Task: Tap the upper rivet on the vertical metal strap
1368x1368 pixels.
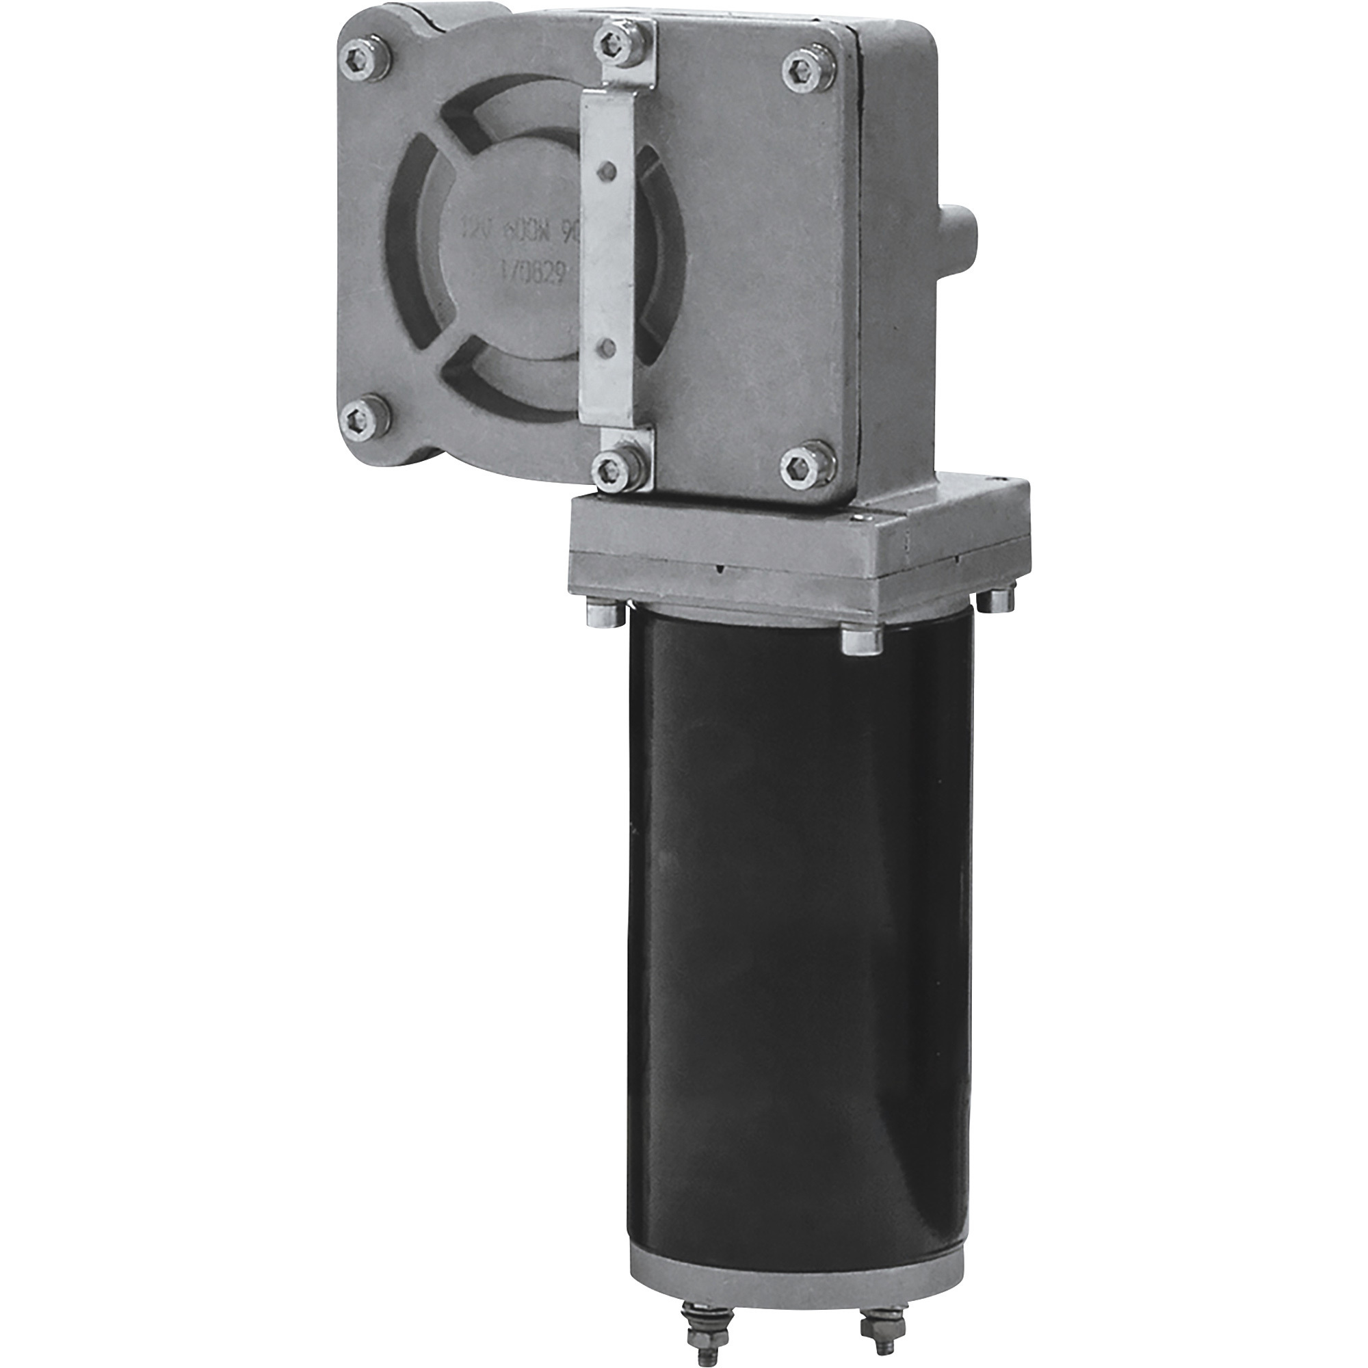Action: (605, 169)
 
